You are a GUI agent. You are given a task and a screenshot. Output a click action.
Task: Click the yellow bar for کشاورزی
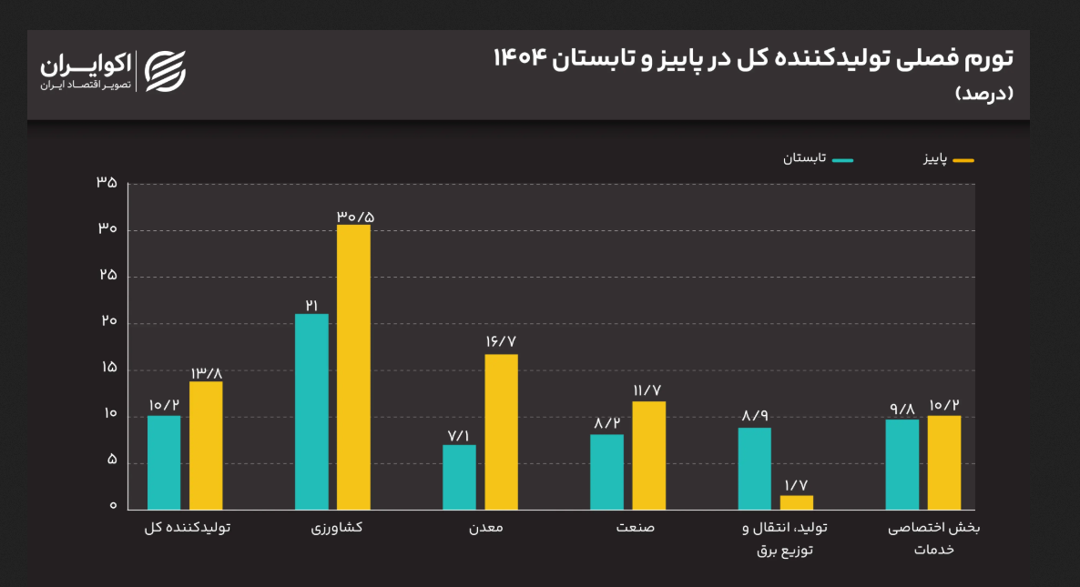(353, 367)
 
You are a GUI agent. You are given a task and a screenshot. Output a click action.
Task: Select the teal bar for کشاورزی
(311, 411)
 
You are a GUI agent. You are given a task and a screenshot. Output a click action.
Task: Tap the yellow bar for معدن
(501, 431)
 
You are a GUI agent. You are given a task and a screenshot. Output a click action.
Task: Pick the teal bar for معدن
(459, 477)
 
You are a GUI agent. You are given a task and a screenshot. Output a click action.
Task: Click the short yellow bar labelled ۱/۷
(796, 502)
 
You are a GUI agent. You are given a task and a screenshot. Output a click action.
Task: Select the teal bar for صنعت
(606, 471)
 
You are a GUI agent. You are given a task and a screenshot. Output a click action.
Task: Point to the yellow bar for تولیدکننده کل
(206, 445)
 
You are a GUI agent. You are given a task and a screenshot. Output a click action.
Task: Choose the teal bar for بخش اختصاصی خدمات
(902, 464)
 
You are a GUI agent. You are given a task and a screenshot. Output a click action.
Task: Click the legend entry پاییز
(946, 160)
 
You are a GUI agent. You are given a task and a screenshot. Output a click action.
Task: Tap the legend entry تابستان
(819, 158)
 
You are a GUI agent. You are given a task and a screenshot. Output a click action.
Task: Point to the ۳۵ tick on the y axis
(107, 183)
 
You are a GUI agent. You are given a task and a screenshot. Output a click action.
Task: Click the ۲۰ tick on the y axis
(107, 322)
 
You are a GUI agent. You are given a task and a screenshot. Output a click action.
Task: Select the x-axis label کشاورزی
(332, 528)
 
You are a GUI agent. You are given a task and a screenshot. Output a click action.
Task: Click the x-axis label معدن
(480, 528)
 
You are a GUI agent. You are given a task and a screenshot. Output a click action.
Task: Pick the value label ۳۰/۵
(354, 217)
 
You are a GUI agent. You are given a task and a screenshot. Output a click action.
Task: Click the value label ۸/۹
(755, 416)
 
